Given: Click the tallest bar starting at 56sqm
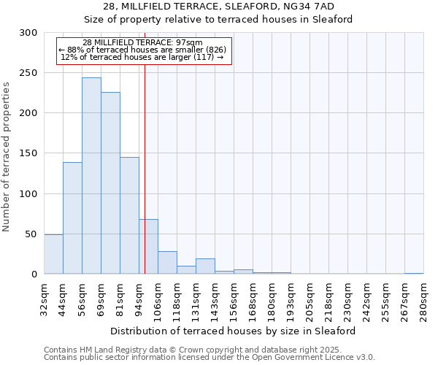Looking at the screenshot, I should point(91,175).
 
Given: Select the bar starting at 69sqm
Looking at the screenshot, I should point(110,182).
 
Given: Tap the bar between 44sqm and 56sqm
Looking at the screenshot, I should point(72,218).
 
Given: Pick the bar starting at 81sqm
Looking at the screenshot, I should point(129,215).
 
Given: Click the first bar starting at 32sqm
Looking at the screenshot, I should point(53,254).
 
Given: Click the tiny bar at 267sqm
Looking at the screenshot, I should point(414,273).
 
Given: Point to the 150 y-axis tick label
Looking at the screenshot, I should point(28,153).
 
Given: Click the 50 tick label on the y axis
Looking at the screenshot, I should point(31,234).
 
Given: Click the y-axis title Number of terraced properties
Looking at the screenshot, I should point(7,157).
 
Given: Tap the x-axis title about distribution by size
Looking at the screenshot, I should point(233,331).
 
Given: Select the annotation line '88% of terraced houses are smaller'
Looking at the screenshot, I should point(143,50).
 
